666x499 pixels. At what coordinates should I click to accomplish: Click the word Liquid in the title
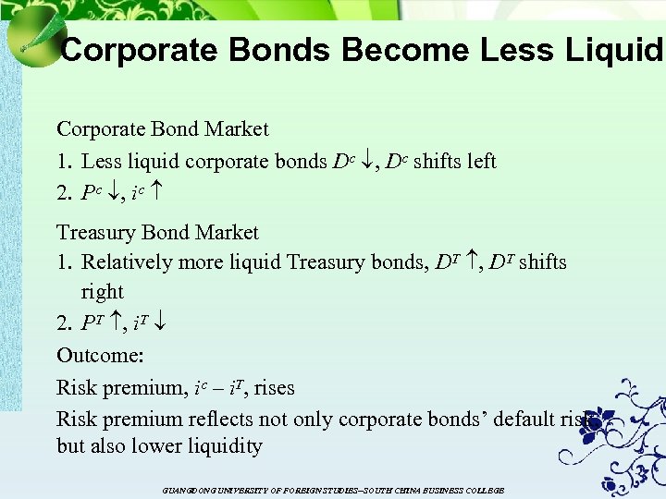pos(610,49)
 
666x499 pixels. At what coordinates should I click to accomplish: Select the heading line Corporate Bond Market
pos(163,129)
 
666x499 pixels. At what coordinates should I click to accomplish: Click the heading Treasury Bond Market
pos(157,232)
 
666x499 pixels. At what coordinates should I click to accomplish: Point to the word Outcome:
pos(93,356)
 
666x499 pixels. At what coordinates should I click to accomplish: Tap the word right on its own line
pos(102,292)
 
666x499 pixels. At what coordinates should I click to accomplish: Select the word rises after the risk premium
pos(274,387)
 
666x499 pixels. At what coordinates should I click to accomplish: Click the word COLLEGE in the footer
pos(485,491)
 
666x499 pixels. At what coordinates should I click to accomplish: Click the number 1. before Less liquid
pos(65,162)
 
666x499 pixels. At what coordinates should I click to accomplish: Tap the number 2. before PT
pos(65,324)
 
